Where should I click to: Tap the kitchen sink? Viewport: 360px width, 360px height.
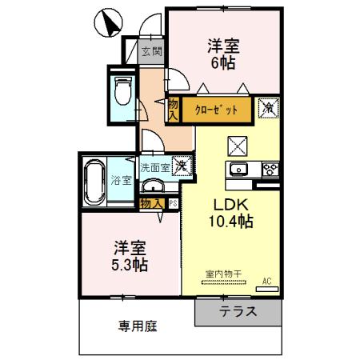click(240, 169)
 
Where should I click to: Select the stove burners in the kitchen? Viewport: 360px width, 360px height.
click(270, 169)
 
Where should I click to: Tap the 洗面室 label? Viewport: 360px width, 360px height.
click(154, 168)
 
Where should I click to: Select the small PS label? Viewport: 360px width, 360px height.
click(172, 203)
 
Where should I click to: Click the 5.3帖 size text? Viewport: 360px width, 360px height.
click(127, 262)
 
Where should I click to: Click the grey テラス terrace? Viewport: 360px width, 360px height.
click(239, 312)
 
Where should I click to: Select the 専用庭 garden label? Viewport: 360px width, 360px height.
click(136, 326)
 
